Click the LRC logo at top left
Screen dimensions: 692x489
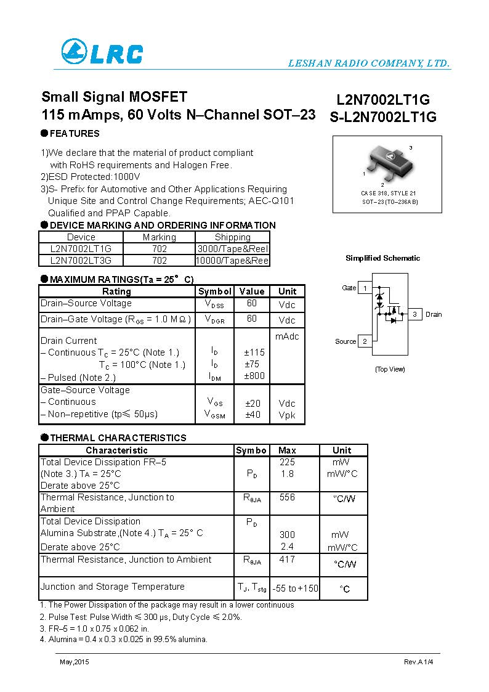tap(102, 52)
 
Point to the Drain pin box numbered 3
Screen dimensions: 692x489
tap(415, 314)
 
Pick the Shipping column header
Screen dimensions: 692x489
tap(232, 237)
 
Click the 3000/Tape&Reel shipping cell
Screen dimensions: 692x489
tap(232, 248)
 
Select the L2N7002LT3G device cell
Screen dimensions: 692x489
tap(81, 260)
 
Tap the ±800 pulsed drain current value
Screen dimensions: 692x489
tap(254, 377)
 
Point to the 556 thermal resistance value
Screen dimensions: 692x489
tap(287, 497)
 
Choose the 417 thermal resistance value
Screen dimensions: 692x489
tap(287, 560)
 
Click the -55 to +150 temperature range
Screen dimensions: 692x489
tap(296, 588)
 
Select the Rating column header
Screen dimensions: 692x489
tap(116, 291)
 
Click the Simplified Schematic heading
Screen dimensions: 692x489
tap(382, 258)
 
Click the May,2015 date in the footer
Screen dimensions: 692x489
tap(72, 661)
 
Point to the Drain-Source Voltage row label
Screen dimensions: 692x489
tap(86, 303)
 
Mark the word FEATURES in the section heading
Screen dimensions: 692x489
tap(75, 134)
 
